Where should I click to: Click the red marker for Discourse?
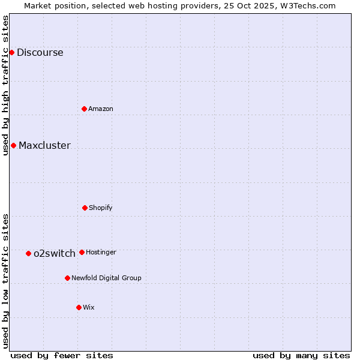[x=11, y=52]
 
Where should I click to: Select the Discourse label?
[x=40, y=52]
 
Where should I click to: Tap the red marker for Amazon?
[x=84, y=109]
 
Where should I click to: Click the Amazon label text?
[x=100, y=109]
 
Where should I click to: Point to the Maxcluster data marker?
[x=13, y=145]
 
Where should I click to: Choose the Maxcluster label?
[x=44, y=145]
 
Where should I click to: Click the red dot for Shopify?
[x=85, y=208]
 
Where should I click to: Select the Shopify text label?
[x=100, y=208]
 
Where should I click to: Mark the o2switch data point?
[x=28, y=253]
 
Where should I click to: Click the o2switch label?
[x=54, y=253]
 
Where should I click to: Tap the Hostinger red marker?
[x=82, y=252]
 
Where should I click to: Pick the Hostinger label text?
[x=101, y=252]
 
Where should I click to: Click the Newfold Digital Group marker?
[x=67, y=278]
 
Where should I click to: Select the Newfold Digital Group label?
[x=106, y=278]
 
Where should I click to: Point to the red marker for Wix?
[x=79, y=307]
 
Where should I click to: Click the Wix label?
[x=88, y=307]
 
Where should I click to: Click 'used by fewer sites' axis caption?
[x=62, y=355]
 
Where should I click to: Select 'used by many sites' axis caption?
[x=301, y=355]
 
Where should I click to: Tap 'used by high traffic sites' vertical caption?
[x=5, y=85]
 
